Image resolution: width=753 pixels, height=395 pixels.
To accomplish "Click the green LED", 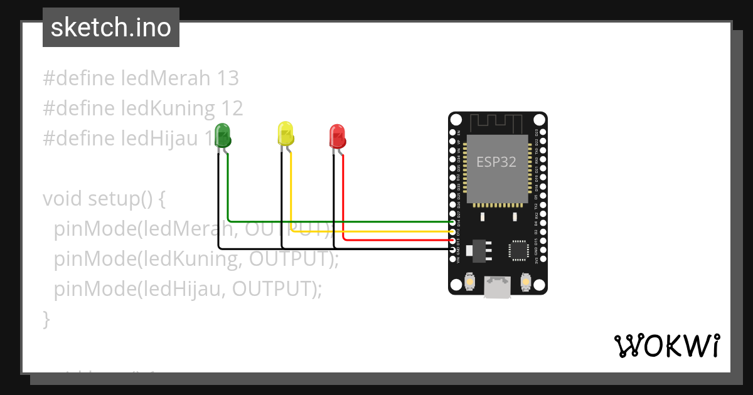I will (x=222, y=135).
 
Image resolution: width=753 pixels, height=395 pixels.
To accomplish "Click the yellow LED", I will (x=286, y=134).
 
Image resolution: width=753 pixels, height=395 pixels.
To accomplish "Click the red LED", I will (x=337, y=136).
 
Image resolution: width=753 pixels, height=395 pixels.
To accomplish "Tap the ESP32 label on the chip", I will (x=496, y=162).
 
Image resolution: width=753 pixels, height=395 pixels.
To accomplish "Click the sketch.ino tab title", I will (x=111, y=28).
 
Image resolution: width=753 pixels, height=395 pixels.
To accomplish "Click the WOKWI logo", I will (x=666, y=345).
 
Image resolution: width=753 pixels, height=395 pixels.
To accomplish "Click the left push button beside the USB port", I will (x=469, y=283).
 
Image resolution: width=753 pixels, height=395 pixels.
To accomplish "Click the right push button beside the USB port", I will (x=525, y=283).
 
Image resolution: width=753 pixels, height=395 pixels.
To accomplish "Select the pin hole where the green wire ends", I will (x=453, y=222).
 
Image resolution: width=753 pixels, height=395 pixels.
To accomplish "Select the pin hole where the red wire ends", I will (x=453, y=241).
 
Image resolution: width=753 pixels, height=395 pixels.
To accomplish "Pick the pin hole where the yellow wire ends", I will (x=453, y=231).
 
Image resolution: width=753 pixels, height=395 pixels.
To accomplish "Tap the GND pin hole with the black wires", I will (x=453, y=250).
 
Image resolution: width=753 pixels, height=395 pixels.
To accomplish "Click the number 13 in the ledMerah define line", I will (x=228, y=78).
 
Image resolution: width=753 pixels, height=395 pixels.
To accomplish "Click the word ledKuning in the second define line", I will (x=168, y=108).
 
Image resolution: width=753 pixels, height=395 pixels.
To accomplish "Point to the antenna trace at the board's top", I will (x=498, y=122).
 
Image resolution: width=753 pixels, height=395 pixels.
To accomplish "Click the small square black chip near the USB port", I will (x=519, y=250).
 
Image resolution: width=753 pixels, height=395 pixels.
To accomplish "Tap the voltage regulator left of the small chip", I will (x=481, y=249).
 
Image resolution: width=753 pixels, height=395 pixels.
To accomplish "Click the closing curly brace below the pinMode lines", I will (x=46, y=319).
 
